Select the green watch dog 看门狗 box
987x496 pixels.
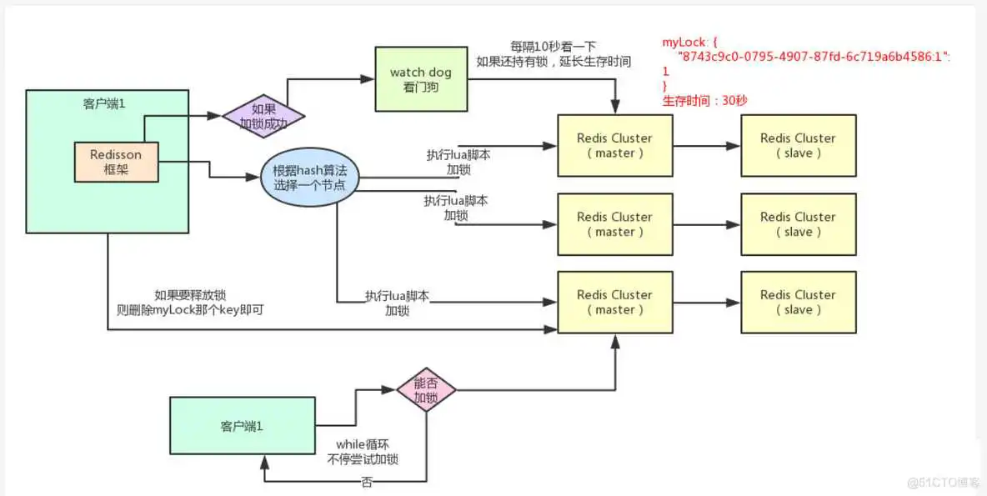coord(420,79)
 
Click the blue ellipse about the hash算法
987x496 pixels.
coord(309,178)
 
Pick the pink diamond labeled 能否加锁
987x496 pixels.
coord(425,389)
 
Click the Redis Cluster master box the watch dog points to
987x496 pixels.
coord(614,146)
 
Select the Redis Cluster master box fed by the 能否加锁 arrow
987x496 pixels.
coord(614,302)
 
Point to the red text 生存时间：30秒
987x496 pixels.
coord(704,101)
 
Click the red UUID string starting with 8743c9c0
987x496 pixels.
coord(813,57)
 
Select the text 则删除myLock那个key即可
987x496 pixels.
coord(197,309)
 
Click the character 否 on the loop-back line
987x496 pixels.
coord(367,482)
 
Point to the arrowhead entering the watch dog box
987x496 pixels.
coord(369,80)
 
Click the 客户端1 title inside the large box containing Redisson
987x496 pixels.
coord(104,103)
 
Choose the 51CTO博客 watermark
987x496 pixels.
coord(943,483)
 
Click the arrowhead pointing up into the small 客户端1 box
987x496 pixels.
coord(264,461)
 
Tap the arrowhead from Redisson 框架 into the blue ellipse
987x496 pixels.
coord(255,177)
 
